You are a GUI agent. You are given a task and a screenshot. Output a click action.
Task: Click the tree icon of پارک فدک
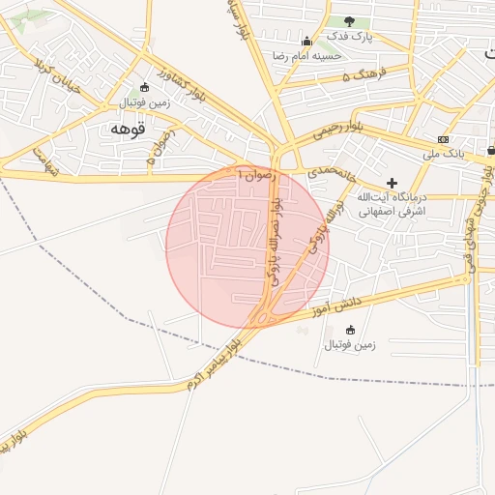click(x=349, y=21)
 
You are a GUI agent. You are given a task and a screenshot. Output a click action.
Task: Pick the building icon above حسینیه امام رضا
click(x=307, y=42)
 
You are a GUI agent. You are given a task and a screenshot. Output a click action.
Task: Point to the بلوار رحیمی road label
click(x=344, y=127)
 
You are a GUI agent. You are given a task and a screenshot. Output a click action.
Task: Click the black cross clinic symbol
click(x=392, y=183)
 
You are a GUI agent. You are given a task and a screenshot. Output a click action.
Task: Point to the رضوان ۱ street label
click(x=257, y=174)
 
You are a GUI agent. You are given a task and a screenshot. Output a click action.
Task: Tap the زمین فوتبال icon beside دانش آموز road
click(x=349, y=331)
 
